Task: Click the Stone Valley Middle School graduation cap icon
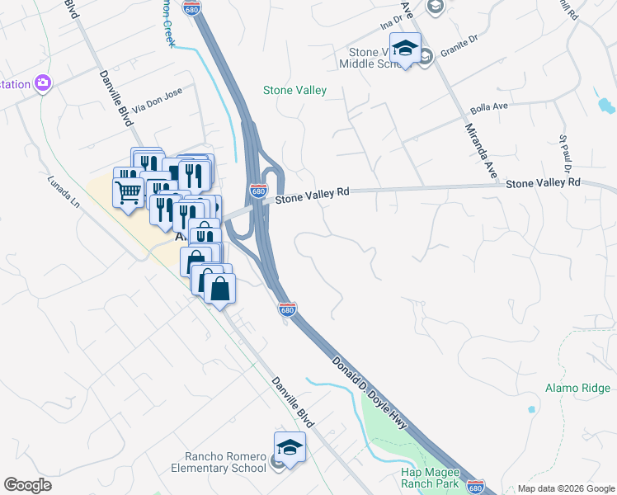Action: [405, 49]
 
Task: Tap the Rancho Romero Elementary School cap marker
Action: [290, 448]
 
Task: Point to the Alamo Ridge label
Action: [577, 388]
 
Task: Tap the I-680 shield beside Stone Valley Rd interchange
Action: [258, 191]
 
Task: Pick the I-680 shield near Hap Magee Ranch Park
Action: [474, 487]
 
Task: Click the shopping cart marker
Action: [129, 193]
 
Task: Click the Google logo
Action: [27, 485]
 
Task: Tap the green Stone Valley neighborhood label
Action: [294, 90]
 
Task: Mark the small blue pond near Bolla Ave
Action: [606, 106]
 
